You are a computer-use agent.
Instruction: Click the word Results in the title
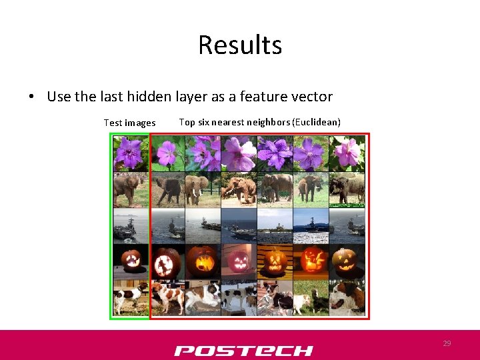tap(240, 45)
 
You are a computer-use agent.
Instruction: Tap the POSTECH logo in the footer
tap(243, 351)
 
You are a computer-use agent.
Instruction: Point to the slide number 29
tap(447, 343)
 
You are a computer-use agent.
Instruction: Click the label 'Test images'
tap(129, 123)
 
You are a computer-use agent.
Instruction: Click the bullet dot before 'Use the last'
tap(31, 97)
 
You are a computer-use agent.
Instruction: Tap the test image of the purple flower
tap(130, 153)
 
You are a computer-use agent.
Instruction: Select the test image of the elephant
tap(130, 189)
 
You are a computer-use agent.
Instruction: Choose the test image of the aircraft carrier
tap(130, 226)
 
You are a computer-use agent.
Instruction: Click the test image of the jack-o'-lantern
tap(130, 261)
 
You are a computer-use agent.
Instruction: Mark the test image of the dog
tap(130, 297)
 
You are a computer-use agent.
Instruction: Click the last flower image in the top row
tap(347, 153)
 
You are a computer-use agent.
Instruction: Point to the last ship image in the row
tap(347, 226)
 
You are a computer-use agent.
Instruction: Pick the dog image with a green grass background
tap(311, 297)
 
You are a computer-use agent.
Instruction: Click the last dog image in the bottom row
tap(347, 297)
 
